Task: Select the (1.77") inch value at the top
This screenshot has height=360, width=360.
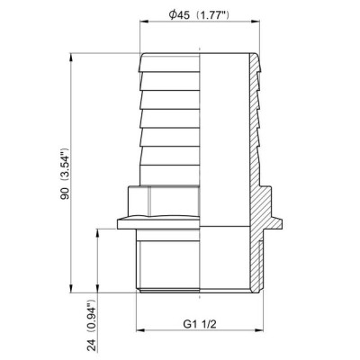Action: point(221,18)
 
